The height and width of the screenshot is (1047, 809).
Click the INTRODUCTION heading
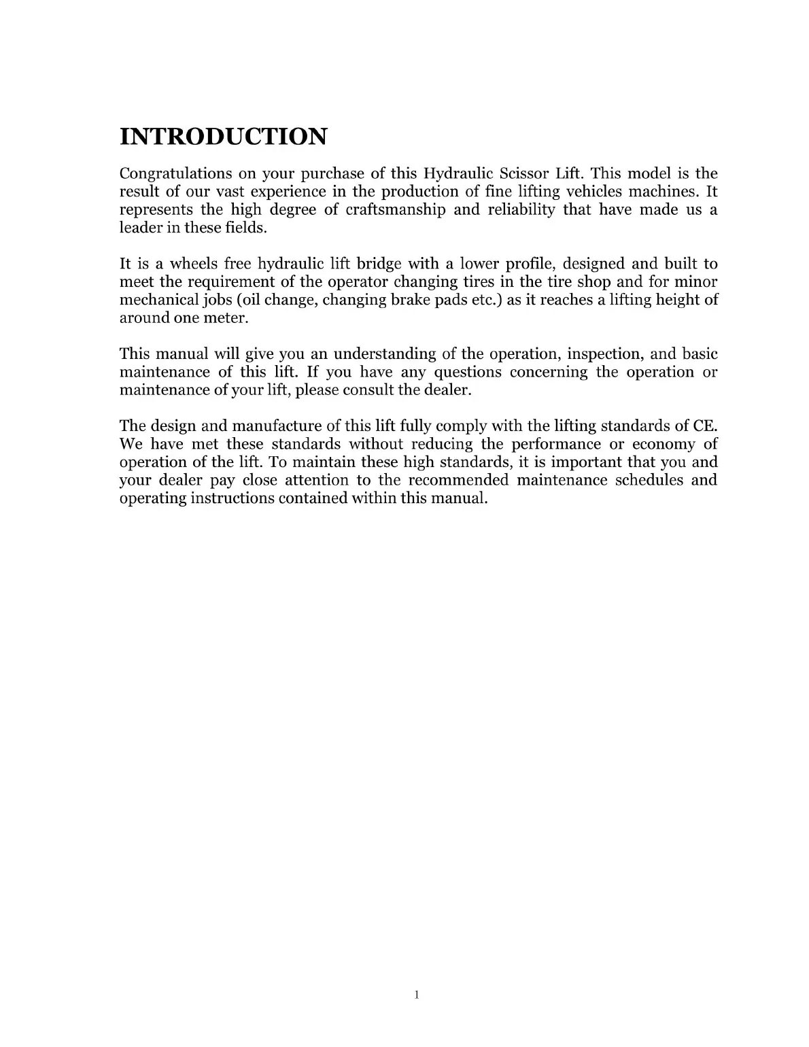(x=223, y=137)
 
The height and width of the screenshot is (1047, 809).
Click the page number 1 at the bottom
(x=417, y=996)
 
